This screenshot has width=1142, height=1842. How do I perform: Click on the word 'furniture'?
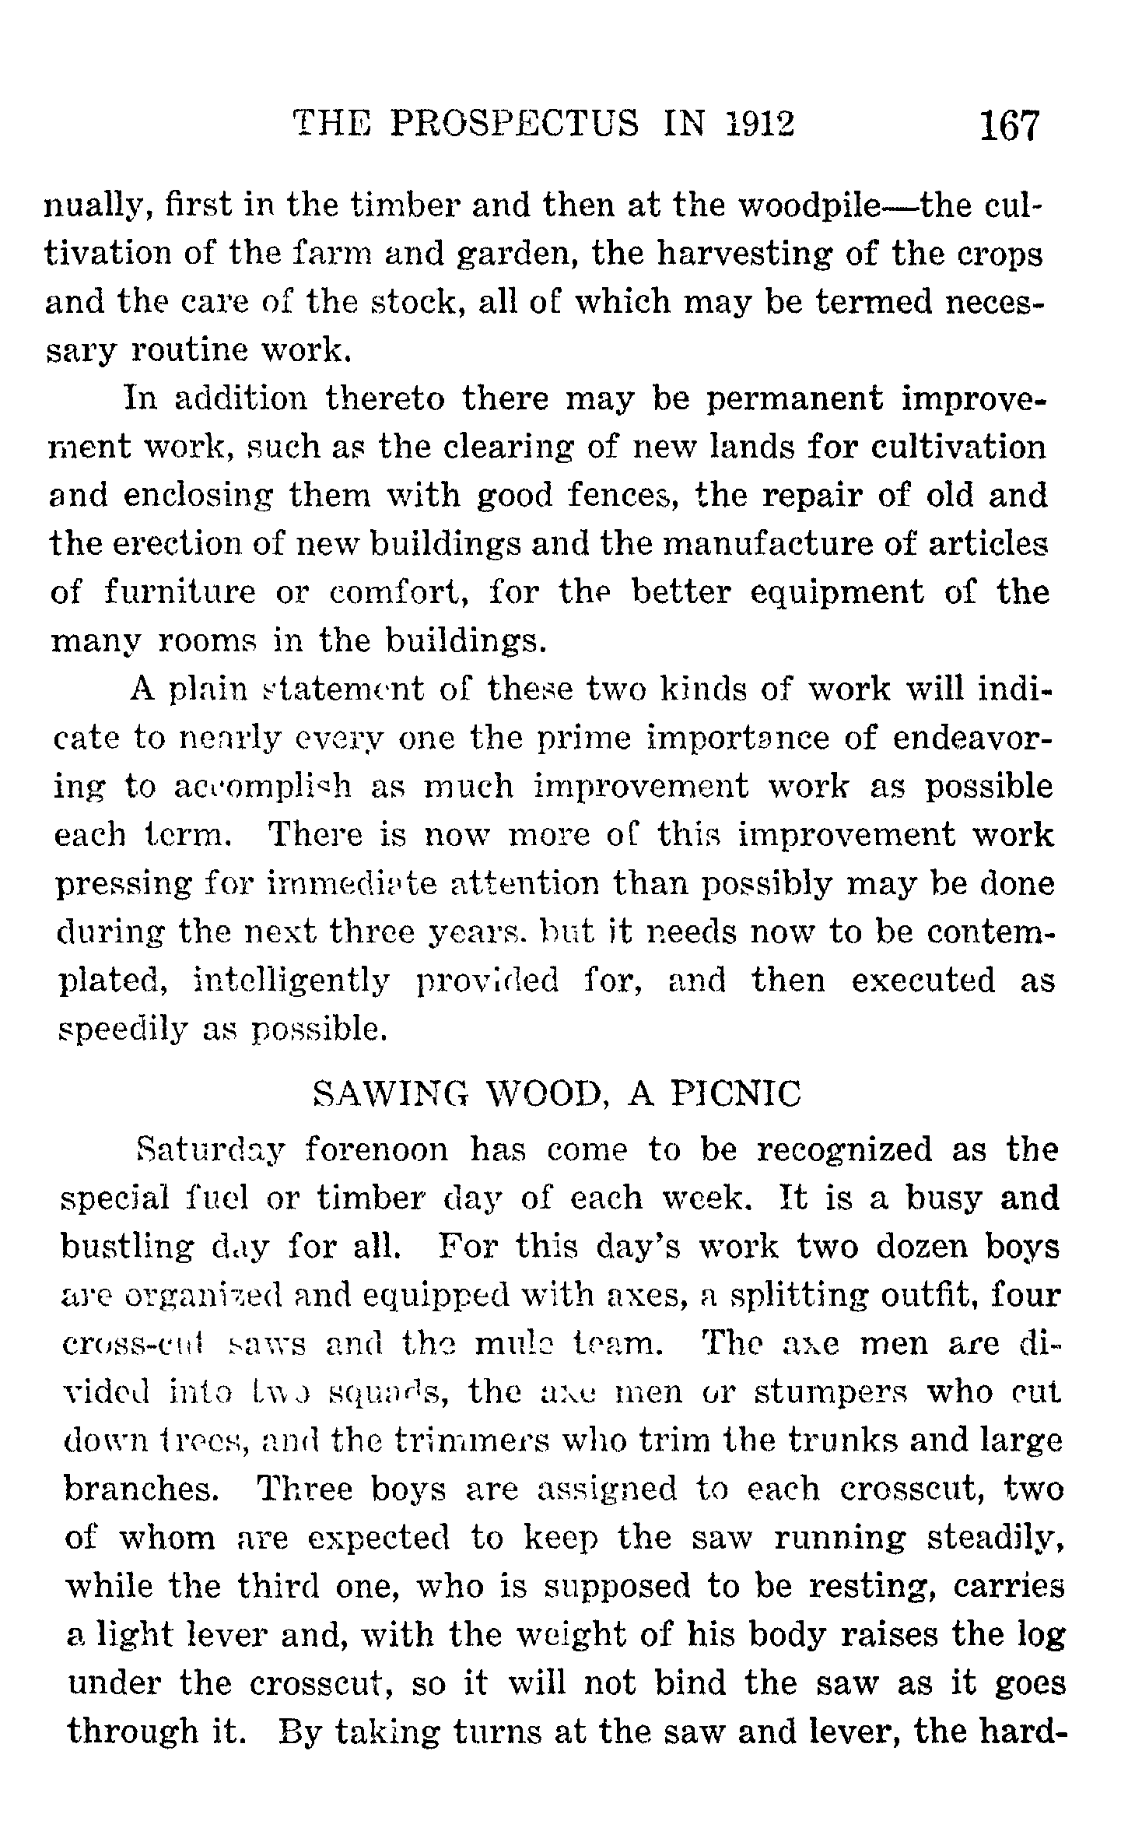(x=180, y=593)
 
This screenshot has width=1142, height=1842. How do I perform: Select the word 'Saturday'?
(x=212, y=1149)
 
